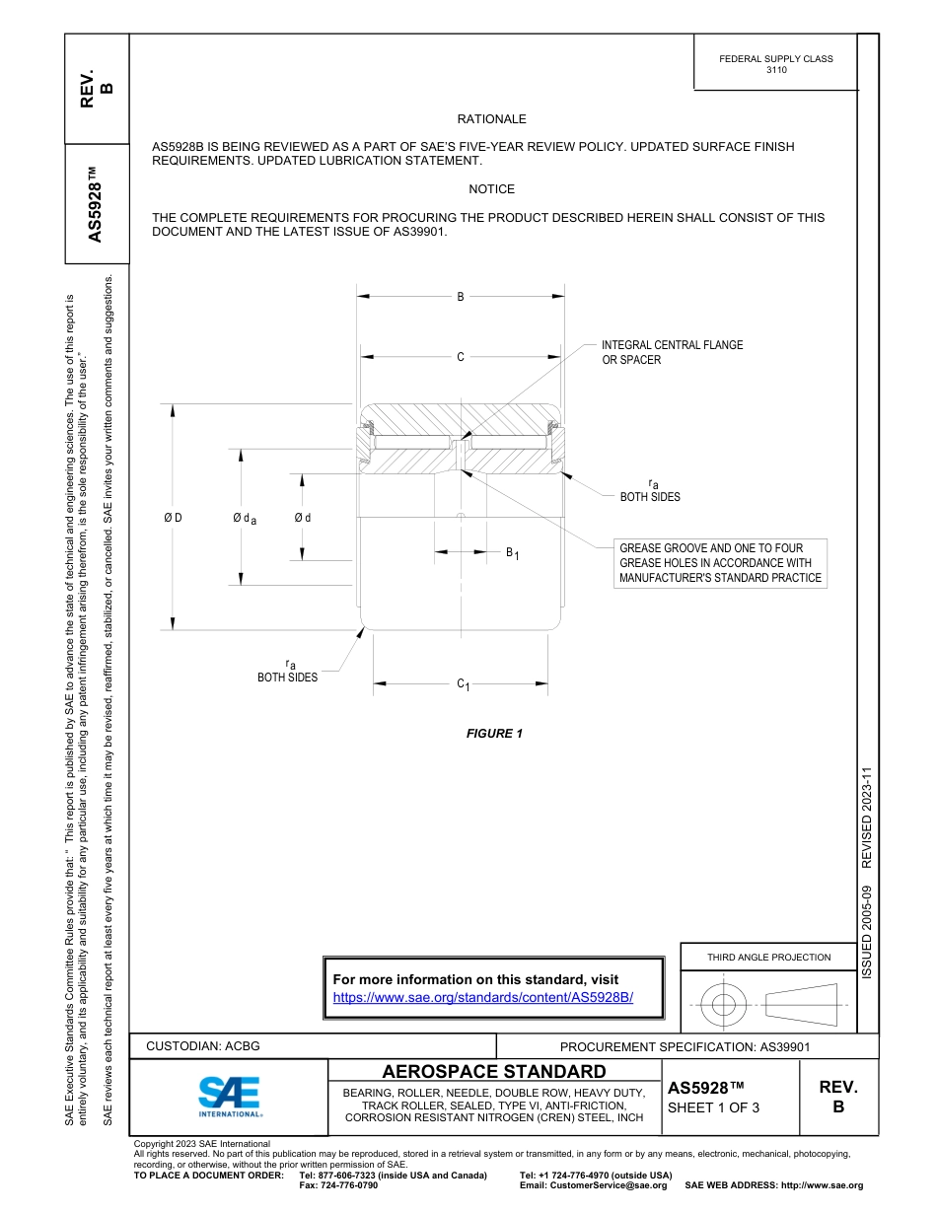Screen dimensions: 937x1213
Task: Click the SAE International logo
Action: [x=229, y=1096]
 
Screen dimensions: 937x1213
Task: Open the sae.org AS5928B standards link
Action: [x=483, y=997]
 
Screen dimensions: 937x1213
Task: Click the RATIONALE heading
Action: [x=491, y=119]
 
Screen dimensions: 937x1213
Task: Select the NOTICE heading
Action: [x=491, y=189]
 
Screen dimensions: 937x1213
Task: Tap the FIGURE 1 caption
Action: [x=494, y=734]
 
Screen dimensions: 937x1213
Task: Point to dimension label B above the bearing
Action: [x=460, y=296]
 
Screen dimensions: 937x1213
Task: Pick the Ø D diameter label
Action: [x=173, y=518]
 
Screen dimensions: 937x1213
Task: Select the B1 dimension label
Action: [x=512, y=553]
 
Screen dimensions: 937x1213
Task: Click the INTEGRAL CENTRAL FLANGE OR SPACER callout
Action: [x=672, y=352]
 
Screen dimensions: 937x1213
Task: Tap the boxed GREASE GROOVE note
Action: [x=720, y=563]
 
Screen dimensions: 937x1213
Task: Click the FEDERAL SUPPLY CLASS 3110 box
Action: [x=775, y=64]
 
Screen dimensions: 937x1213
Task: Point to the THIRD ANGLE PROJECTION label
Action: [x=768, y=957]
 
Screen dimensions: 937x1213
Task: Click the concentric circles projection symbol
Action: [x=725, y=1005]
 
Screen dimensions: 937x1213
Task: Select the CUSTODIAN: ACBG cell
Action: [x=203, y=1046]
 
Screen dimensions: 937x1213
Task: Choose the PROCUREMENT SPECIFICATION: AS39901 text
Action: [x=685, y=1046]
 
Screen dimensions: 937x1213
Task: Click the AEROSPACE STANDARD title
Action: [x=494, y=1071]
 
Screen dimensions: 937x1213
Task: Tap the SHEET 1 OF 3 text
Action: [x=713, y=1107]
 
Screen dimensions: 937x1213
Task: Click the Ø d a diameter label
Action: [x=245, y=519]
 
